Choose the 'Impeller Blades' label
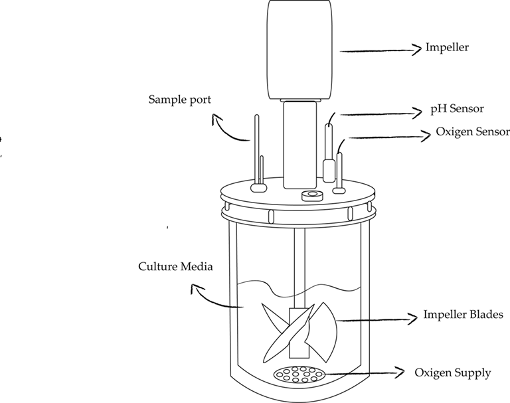[458, 315]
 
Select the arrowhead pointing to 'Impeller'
[418, 48]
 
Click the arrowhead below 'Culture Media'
[195, 289]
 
